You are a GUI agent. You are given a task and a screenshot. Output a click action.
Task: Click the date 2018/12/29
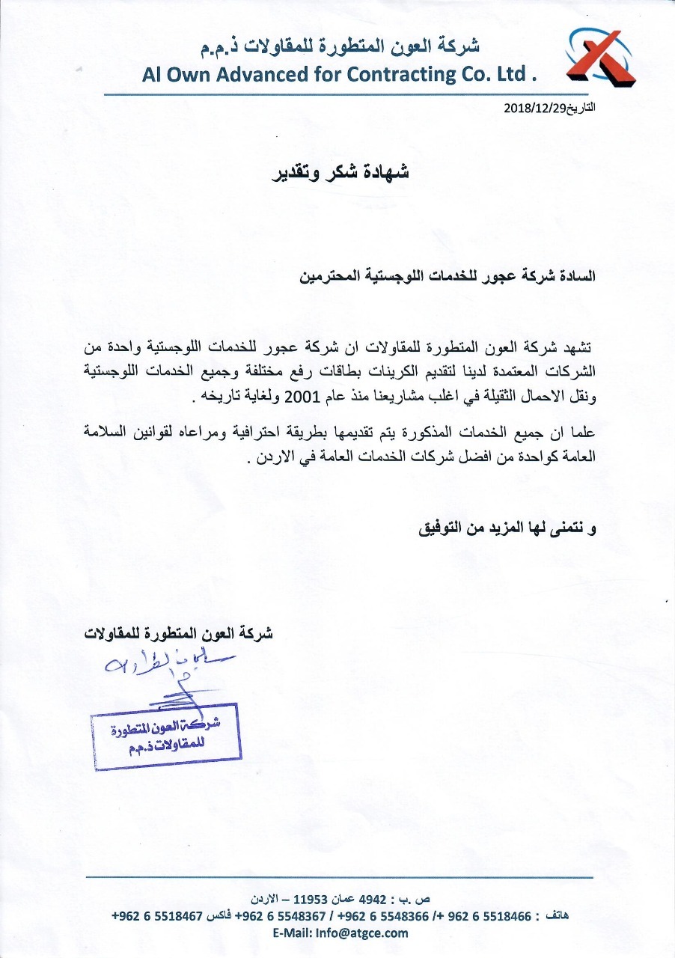pos(532,108)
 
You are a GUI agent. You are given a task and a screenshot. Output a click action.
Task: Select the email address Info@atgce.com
pos(362,933)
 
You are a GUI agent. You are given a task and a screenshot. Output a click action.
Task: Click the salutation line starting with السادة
pos(448,275)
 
